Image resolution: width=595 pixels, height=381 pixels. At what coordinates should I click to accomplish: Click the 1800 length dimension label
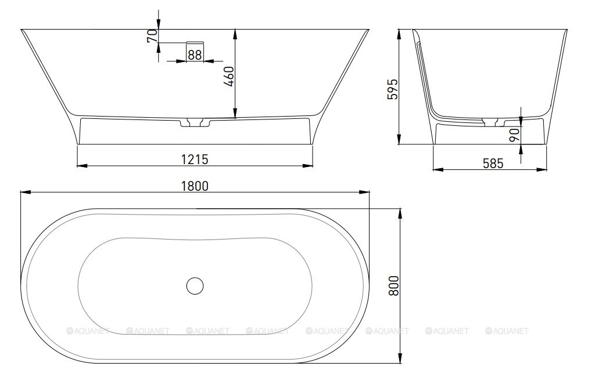pos(195,186)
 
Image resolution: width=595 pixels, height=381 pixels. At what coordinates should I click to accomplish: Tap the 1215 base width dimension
pos(195,159)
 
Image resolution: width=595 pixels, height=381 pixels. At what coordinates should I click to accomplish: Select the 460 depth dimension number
pos(229,77)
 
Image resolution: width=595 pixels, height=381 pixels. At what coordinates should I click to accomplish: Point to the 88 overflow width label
pos(195,55)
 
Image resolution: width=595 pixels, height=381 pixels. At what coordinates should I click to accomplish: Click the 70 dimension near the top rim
pos(152,35)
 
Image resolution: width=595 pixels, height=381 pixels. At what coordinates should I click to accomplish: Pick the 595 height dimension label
pos(393,89)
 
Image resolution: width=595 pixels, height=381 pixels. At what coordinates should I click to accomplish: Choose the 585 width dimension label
pos(493,163)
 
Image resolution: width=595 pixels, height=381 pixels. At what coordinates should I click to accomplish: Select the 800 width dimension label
pos(393,285)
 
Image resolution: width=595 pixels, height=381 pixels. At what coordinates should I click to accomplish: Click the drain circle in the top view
pos(195,285)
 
